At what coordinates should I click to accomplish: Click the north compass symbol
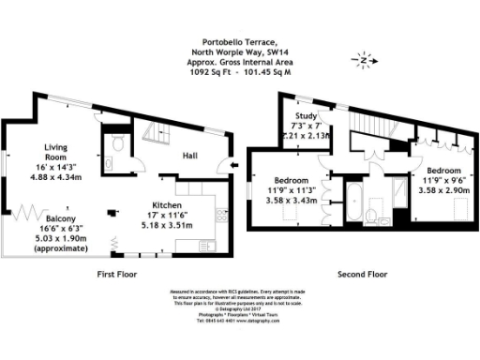point(365,61)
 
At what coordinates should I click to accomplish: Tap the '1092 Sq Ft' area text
point(209,69)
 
